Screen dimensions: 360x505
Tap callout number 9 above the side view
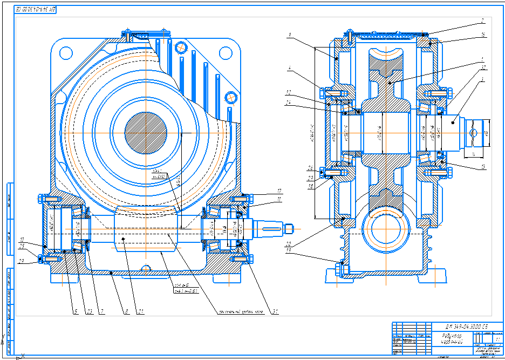(290, 36)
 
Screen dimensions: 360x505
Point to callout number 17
(279, 191)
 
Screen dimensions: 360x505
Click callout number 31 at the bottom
(276, 311)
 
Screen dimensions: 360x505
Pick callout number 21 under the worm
(141, 311)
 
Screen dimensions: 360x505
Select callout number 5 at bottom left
(76, 311)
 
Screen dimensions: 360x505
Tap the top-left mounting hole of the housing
(66, 53)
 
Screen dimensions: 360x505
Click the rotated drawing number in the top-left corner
(36, 9)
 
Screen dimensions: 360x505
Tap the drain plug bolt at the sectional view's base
(340, 267)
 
